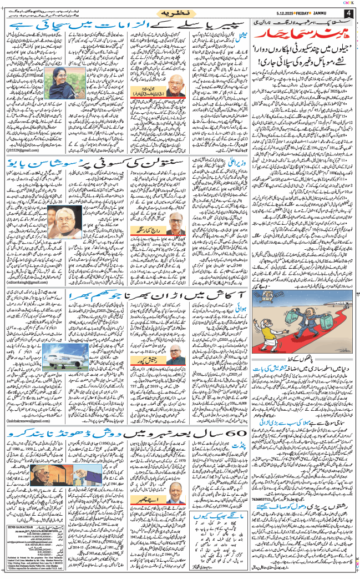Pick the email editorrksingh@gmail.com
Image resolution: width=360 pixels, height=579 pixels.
[x=24, y=283]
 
